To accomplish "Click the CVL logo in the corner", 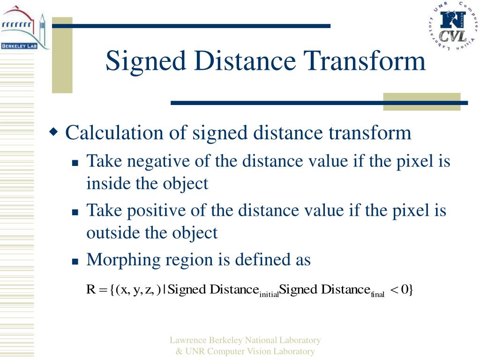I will tap(452, 26).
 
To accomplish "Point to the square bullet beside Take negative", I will tap(75, 163).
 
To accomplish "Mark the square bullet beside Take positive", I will tap(75, 212).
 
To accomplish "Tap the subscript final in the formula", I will tap(377, 294).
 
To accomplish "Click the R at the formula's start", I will tap(91, 290).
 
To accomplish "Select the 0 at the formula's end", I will tap(404, 290).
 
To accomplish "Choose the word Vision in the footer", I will tap(266, 351).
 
